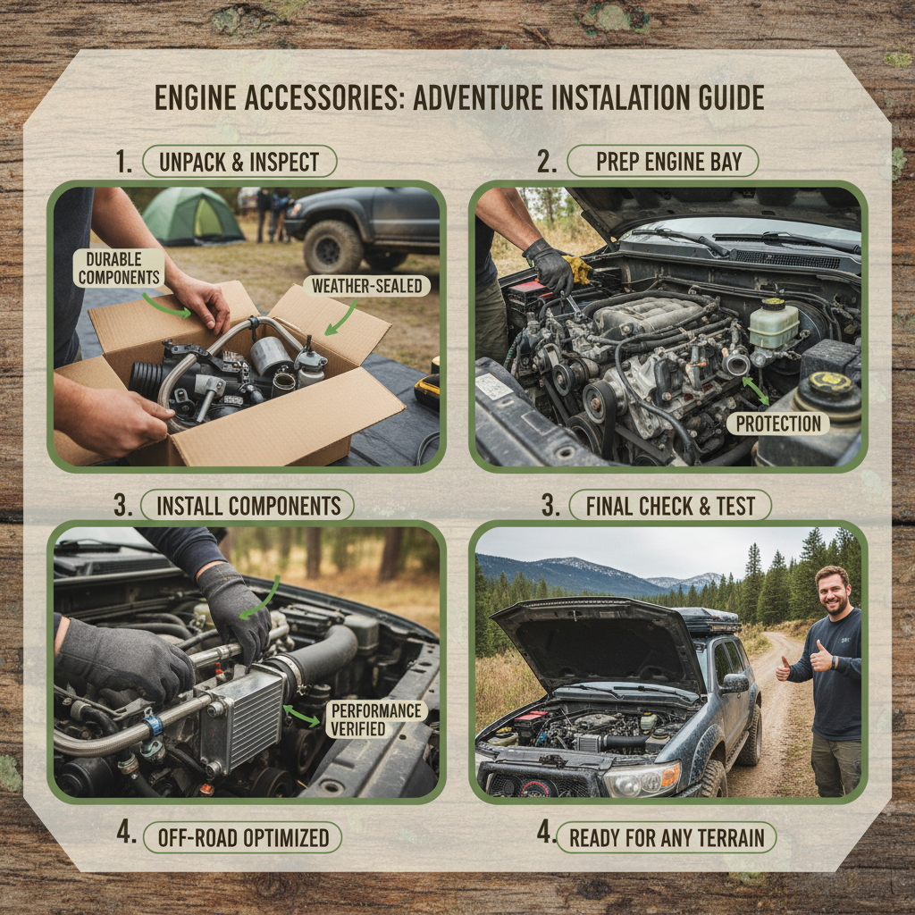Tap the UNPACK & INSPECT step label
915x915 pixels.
[239, 162]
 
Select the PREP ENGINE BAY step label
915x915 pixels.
[662, 161]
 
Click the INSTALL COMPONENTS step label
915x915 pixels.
[248, 506]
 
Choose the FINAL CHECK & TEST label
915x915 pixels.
[670, 506]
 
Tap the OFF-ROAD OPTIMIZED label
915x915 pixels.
[243, 837]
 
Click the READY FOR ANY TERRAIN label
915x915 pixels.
[667, 837]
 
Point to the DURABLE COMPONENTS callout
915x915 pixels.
[119, 268]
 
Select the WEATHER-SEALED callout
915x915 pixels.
[366, 286]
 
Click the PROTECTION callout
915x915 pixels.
[778, 424]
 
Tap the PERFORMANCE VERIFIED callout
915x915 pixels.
[376, 719]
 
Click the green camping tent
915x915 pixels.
[192, 216]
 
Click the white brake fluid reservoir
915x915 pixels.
[773, 323]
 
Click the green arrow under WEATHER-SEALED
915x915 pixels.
[340, 319]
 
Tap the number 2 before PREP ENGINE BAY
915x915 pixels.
[546, 162]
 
